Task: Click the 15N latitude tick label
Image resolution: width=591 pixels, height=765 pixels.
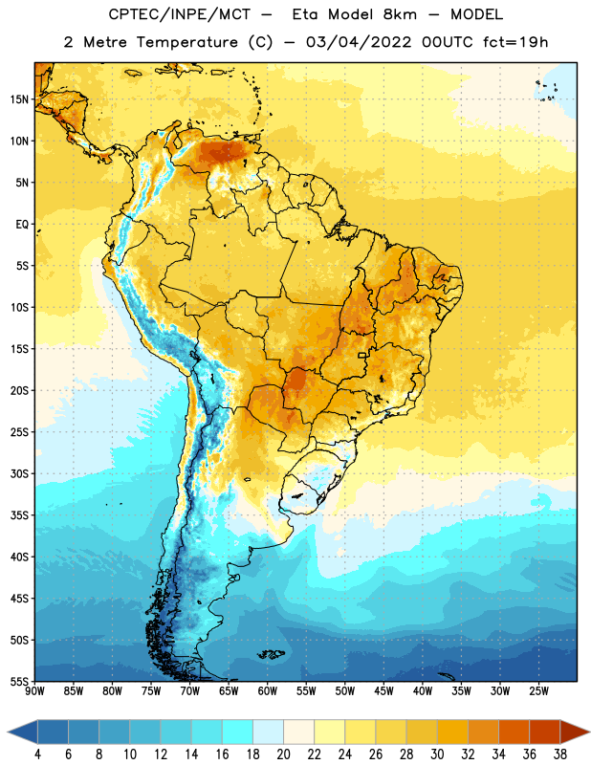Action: point(19,99)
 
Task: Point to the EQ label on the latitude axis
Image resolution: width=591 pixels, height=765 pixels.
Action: point(22,225)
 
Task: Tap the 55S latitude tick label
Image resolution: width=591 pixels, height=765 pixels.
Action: point(19,682)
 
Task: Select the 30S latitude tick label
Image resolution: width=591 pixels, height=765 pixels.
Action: point(19,473)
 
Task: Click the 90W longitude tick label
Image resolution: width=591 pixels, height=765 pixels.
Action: point(34,691)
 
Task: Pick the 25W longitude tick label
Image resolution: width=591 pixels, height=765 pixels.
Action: point(538,691)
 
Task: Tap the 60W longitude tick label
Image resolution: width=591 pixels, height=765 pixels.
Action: point(268,691)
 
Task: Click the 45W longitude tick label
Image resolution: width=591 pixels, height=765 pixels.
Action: point(383,691)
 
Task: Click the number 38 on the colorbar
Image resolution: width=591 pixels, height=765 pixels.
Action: point(559,754)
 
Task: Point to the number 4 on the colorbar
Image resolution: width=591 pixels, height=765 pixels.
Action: point(37,754)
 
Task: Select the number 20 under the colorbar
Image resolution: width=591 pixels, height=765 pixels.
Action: point(283,754)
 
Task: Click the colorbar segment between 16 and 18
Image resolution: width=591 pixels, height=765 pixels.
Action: point(238,732)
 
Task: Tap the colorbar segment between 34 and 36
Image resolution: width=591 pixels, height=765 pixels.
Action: point(514,732)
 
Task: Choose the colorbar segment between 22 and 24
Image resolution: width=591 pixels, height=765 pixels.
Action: point(330,732)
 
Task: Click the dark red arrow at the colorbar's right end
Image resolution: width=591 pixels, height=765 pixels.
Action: point(575,732)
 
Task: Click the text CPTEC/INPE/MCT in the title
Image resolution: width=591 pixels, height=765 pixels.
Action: point(179,14)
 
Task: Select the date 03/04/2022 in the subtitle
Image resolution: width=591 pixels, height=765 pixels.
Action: point(359,42)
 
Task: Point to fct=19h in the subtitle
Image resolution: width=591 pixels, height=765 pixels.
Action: point(515,42)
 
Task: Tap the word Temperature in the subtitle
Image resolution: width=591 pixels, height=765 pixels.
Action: point(186,42)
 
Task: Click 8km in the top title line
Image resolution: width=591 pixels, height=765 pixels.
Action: point(400,14)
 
